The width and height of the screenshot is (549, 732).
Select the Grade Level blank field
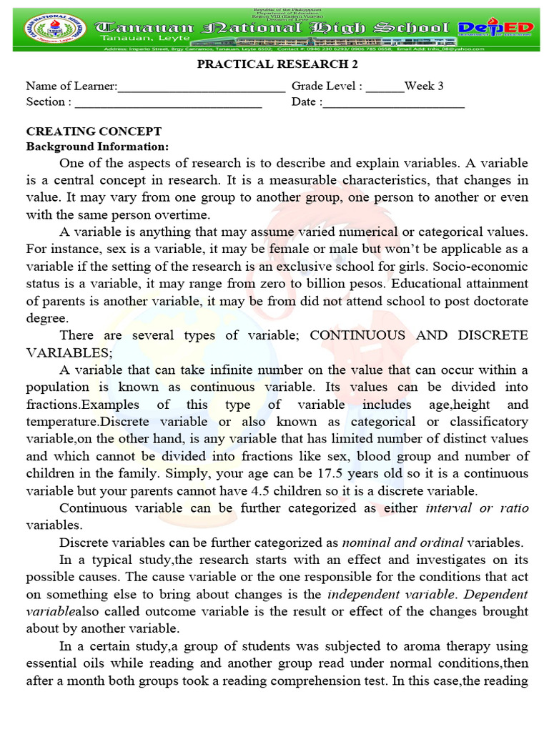[385, 87]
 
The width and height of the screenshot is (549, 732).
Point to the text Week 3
[424, 86]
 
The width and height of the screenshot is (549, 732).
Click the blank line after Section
[169, 103]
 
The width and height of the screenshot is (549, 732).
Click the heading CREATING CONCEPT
[94, 132]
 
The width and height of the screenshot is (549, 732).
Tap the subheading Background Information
[97, 147]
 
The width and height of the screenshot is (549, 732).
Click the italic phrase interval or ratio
[477, 508]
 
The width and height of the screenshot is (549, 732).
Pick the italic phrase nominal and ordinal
[402, 542]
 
